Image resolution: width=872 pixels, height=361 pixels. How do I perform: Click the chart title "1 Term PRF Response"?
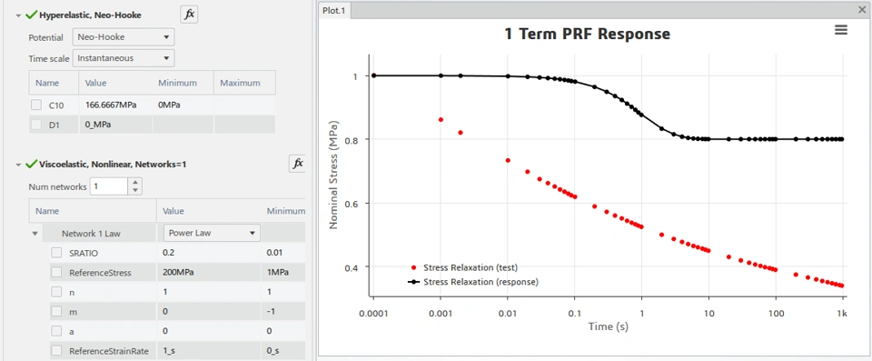pyautogui.click(x=587, y=34)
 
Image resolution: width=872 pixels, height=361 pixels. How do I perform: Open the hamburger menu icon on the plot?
pyautogui.click(x=841, y=31)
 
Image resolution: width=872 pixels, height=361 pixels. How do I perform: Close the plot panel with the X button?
pyautogui.click(x=863, y=9)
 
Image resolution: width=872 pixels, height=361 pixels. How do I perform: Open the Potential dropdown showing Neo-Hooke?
pyautogui.click(x=124, y=37)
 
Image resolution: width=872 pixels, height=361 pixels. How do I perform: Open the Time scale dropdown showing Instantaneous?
pyautogui.click(x=124, y=58)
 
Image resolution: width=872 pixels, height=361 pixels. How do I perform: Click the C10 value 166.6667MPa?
pyautogui.click(x=111, y=105)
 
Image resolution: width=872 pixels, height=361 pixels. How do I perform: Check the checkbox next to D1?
pyautogui.click(x=36, y=125)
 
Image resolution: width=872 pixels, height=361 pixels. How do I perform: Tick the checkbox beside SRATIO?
pyautogui.click(x=56, y=253)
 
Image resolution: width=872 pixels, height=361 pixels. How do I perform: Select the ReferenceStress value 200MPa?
pyautogui.click(x=178, y=273)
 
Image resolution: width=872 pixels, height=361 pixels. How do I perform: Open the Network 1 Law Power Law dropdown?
pyautogui.click(x=212, y=233)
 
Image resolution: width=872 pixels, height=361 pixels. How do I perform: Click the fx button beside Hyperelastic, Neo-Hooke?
pyautogui.click(x=189, y=15)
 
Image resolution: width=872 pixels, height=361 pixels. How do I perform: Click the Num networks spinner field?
pyautogui.click(x=110, y=186)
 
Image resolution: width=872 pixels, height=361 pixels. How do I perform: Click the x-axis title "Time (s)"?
pyautogui.click(x=608, y=326)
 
